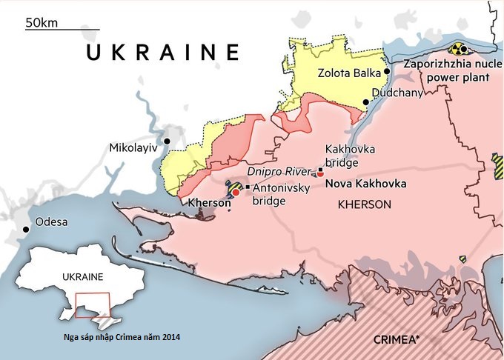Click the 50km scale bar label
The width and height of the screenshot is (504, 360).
[41, 22]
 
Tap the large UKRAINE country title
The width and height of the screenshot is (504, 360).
[163, 53]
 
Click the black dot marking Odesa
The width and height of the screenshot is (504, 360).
[27, 230]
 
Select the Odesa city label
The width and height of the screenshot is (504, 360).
[52, 222]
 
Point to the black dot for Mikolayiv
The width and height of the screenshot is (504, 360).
[168, 141]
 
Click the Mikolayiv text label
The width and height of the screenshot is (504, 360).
[133, 147]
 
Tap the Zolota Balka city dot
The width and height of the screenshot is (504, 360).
[386, 72]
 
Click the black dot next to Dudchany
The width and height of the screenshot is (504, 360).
[365, 101]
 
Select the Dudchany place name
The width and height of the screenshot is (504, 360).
[397, 93]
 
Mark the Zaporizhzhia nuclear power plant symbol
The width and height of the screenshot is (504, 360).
[460, 50]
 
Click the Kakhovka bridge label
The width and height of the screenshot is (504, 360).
[350, 156]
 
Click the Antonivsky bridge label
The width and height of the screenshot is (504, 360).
[281, 194]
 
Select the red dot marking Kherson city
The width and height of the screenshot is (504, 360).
[236, 192]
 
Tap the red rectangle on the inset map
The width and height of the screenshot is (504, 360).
[93, 305]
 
